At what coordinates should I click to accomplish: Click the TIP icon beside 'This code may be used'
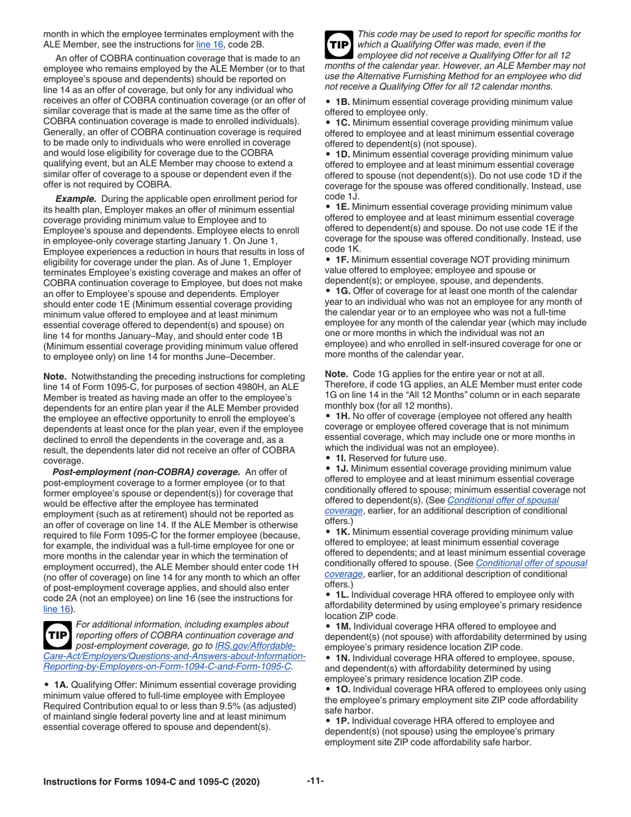(339, 44)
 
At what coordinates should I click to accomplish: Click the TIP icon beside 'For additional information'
(58, 636)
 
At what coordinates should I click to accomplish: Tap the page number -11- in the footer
(315, 781)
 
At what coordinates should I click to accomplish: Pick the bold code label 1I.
(341, 458)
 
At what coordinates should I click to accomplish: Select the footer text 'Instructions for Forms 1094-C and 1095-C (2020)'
(151, 782)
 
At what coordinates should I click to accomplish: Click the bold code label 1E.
(342, 207)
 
